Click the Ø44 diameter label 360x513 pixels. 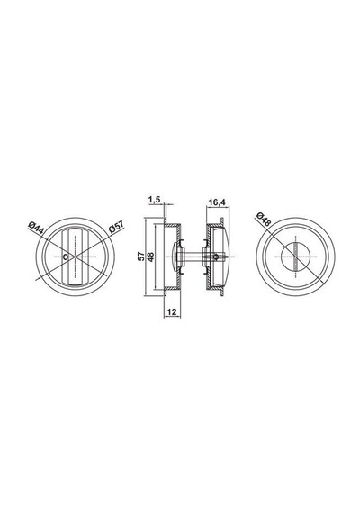pyautogui.click(x=36, y=227)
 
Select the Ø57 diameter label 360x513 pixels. pyautogui.click(x=116, y=227)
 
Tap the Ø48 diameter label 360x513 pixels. pyautogui.click(x=264, y=219)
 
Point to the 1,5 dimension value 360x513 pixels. pyautogui.click(x=154, y=199)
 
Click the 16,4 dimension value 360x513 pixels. pyautogui.click(x=217, y=202)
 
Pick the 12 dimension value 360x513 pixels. pyautogui.click(x=172, y=312)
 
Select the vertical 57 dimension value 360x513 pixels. pyautogui.click(x=141, y=256)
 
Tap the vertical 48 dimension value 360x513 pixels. pyautogui.click(x=151, y=256)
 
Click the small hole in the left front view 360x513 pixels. pyautogui.click(x=66, y=257)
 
